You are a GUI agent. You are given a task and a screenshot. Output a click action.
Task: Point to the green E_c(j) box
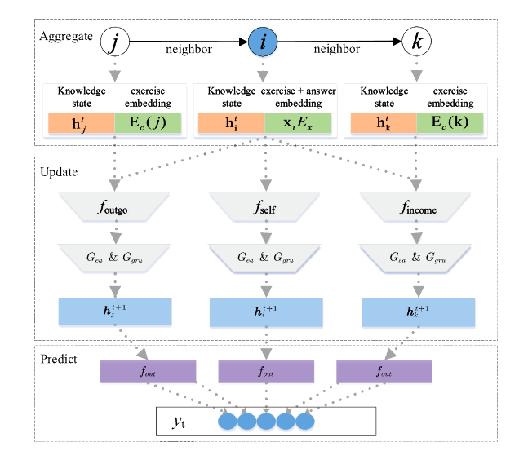click(145, 124)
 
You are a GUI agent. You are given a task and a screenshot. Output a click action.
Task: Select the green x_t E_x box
click(298, 124)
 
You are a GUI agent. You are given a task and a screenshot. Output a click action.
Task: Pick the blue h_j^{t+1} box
click(114, 310)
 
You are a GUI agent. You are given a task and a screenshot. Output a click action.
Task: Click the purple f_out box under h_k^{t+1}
click(384, 371)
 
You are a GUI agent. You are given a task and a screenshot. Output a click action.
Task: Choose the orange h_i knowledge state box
click(230, 124)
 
